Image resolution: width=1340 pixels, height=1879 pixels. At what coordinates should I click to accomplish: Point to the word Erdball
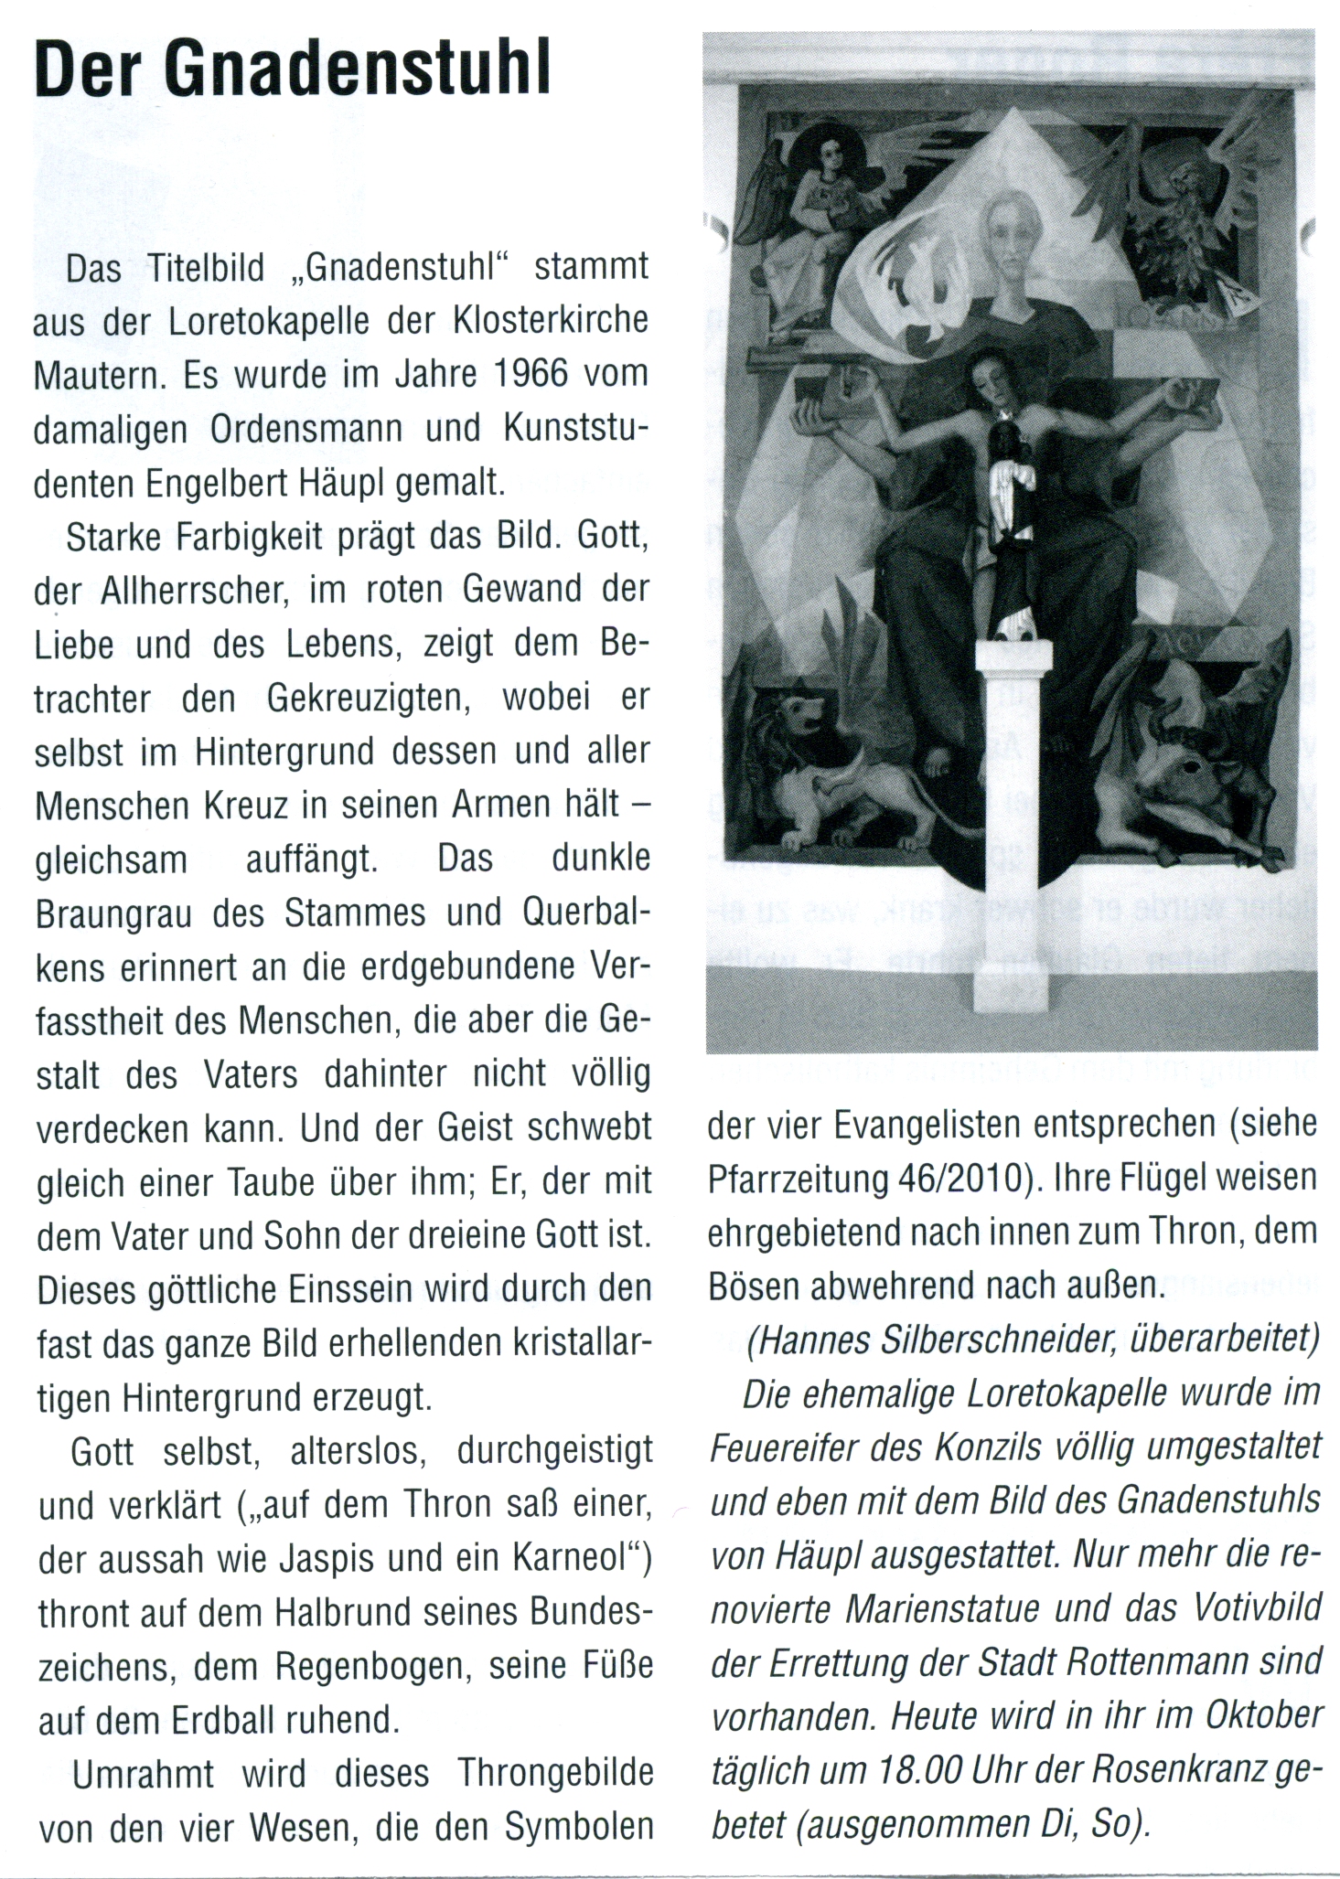coord(224,1720)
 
